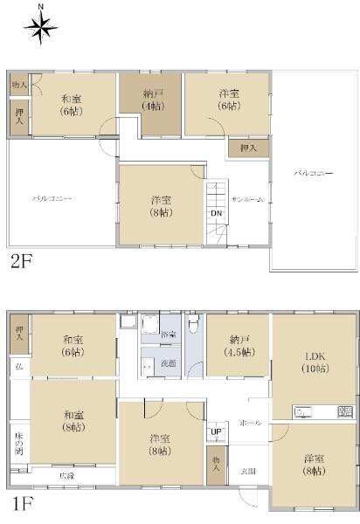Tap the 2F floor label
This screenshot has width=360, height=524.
[x=22, y=261]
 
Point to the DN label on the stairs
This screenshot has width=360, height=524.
[x=215, y=214]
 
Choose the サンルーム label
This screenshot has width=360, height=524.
[x=246, y=199]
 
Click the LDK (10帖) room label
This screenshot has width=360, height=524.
[x=314, y=361]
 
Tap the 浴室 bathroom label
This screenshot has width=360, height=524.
[x=170, y=335]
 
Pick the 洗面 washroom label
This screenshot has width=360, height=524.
[x=170, y=363]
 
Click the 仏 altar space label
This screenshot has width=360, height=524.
[x=18, y=367]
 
